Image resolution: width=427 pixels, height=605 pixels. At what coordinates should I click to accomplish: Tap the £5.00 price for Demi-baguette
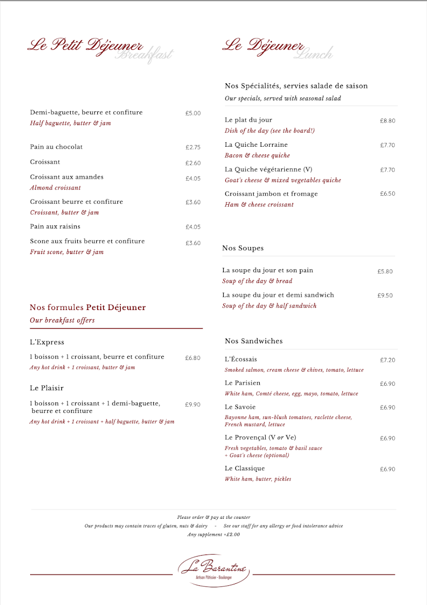[193, 113]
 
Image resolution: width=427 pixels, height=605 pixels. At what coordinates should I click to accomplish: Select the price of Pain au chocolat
[193, 148]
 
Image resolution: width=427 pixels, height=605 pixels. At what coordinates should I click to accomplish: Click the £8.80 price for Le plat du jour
[387, 121]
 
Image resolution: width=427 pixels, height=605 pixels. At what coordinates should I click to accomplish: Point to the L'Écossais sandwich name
[240, 359]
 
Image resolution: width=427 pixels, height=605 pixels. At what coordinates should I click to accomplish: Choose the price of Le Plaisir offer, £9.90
[193, 405]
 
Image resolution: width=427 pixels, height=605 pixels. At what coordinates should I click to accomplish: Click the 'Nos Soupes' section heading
[242, 248]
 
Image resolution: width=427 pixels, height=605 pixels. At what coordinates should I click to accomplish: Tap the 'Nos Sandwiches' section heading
[254, 341]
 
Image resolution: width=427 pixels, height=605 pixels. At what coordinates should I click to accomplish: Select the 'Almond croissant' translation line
[55, 188]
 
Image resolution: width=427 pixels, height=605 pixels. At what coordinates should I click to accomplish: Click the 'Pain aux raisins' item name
[55, 227]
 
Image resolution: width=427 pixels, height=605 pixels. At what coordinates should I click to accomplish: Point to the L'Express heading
[47, 342]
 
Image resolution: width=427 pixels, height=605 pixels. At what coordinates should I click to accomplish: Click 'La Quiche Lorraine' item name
[256, 145]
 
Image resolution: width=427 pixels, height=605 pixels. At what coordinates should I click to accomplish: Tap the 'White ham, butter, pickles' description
[258, 479]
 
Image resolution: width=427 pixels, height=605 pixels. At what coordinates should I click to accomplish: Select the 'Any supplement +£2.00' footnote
[213, 534]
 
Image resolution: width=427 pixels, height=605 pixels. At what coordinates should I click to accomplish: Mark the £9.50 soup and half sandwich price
[385, 296]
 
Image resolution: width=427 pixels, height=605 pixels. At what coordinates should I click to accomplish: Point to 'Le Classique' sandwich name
[245, 469]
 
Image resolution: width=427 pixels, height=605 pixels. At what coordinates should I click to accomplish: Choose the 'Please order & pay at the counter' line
[213, 517]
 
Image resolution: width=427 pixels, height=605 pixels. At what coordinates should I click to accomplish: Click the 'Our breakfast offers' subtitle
[62, 320]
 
